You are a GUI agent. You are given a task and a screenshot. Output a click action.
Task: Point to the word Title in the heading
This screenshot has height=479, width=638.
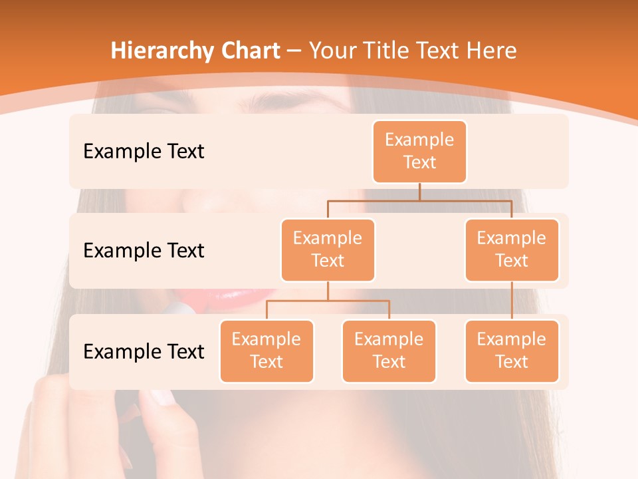(x=389, y=51)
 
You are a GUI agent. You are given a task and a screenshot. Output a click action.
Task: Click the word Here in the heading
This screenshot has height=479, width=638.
(x=490, y=51)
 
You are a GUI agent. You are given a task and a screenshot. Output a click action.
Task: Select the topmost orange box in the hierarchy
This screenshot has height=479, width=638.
(x=419, y=151)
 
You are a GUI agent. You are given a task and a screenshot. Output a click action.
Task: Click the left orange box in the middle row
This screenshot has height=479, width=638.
(x=328, y=249)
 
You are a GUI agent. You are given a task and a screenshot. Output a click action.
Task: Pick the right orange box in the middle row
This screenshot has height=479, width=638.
(x=512, y=249)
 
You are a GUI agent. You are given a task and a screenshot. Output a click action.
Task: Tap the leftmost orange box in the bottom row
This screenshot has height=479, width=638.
(x=266, y=351)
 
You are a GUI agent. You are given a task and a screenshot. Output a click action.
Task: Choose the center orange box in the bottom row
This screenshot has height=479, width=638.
(x=389, y=351)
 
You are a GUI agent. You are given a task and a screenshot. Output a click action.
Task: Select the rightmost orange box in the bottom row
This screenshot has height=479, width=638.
(x=512, y=351)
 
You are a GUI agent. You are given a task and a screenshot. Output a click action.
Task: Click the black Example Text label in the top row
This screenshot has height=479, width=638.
(x=144, y=152)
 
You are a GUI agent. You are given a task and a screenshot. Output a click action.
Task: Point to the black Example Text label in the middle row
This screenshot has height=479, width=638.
(x=144, y=251)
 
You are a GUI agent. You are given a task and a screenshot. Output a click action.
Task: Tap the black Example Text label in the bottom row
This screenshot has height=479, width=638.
(x=144, y=351)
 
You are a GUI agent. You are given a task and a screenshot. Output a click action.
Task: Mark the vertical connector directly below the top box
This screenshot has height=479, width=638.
(x=419, y=192)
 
